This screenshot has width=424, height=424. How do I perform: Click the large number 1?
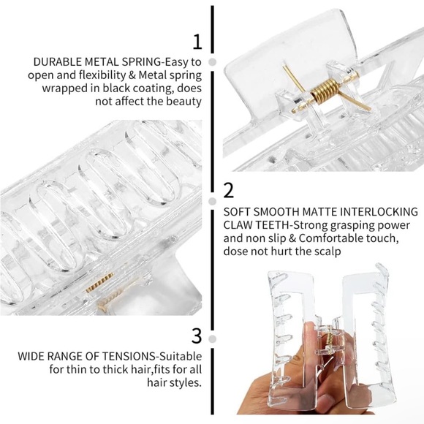pyautogui.click(x=196, y=42)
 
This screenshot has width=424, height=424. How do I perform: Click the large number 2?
pyautogui.click(x=228, y=191)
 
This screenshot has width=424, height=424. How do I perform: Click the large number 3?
pyautogui.click(x=196, y=336)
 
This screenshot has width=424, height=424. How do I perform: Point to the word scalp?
pyautogui.click(x=327, y=251)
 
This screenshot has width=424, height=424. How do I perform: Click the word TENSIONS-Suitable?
pyautogui.click(x=118, y=357)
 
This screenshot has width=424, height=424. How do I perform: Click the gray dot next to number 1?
pyautogui.click(x=213, y=62)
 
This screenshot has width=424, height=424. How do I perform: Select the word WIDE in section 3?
pyautogui.click(x=31, y=357)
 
